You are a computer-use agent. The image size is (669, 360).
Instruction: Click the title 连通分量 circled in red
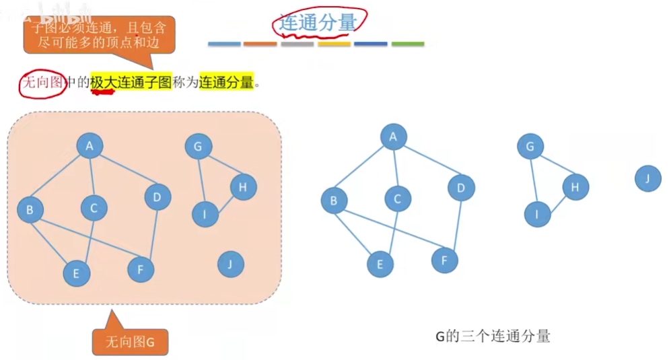coord(318,22)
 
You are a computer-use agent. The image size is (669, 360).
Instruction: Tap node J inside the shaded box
coord(230,264)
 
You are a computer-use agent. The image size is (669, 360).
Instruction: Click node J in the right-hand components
coord(647,178)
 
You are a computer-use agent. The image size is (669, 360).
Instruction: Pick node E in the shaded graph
coord(76,273)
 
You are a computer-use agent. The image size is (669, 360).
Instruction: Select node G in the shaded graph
coord(198,146)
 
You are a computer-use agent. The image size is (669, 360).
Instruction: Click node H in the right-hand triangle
coord(575,187)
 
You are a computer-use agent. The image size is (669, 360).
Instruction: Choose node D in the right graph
coord(461,188)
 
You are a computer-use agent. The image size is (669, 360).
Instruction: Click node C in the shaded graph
coord(94,208)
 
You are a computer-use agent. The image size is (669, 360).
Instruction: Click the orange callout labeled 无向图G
coord(130,341)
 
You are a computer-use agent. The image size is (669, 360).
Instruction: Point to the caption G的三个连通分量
coord(493,336)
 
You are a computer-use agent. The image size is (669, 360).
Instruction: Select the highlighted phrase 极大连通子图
coord(131,83)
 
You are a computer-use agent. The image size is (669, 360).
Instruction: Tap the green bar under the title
coord(407,44)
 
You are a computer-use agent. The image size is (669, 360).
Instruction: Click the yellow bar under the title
coord(334,44)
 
